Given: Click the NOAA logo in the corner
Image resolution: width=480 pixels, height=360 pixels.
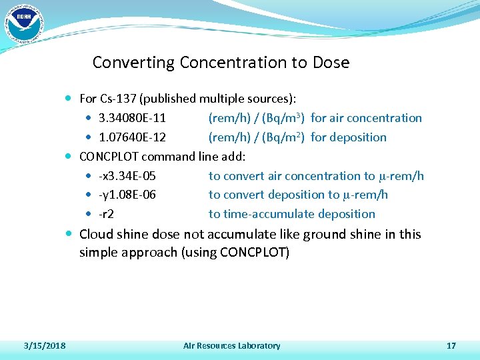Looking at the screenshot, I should point(24,24).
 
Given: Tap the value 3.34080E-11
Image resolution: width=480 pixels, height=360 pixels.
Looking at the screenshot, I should point(132,118).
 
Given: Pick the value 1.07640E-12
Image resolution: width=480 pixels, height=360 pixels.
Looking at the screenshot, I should point(132,137).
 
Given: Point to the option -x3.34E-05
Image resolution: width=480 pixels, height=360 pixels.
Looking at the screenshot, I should point(127,176).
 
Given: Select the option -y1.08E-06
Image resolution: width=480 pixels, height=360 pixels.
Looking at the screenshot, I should point(127,195).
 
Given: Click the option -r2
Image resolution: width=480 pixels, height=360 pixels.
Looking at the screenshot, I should point(106,214).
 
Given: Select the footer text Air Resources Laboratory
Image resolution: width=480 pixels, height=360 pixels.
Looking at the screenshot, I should point(231,345).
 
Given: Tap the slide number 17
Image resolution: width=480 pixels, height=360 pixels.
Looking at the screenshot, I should point(451,345).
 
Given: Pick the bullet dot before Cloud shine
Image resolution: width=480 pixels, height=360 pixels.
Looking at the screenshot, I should point(71,234).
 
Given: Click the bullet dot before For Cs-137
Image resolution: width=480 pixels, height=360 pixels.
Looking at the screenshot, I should point(71,99).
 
